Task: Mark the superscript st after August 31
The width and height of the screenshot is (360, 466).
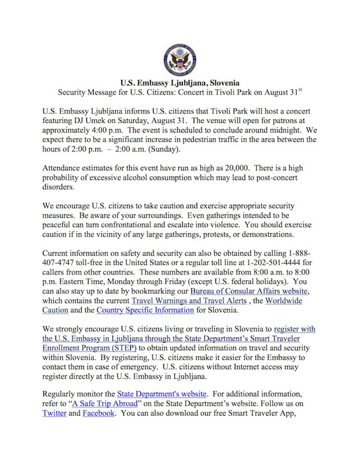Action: pyautogui.click(x=306, y=89)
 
